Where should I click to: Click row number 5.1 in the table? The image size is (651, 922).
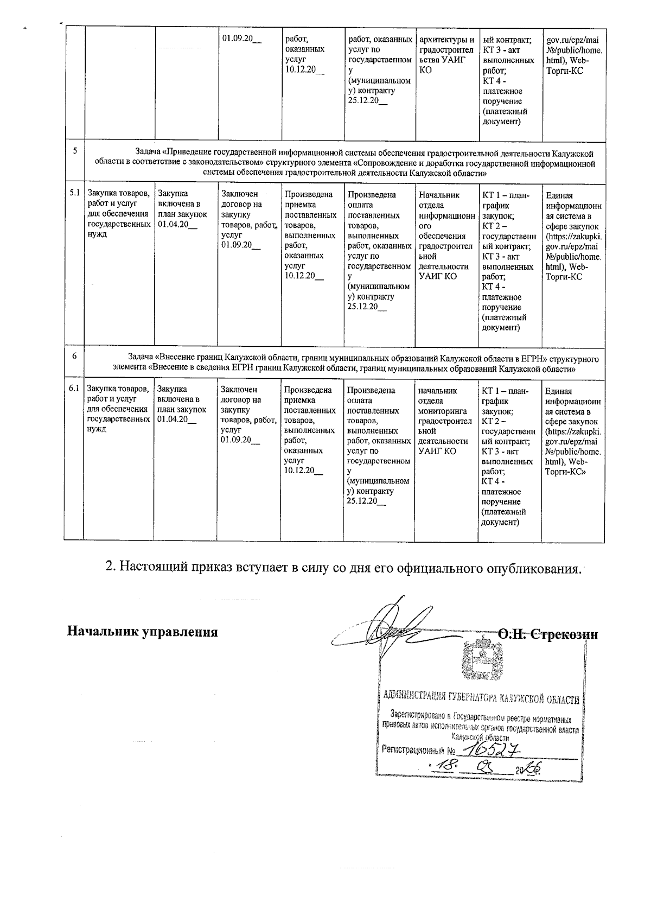coord(74,193)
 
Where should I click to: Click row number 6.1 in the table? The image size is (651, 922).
coord(74,389)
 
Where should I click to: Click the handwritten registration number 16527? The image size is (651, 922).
coord(487,749)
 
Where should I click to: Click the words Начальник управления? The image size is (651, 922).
coord(142,632)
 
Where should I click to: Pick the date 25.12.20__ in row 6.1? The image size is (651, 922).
coord(366,501)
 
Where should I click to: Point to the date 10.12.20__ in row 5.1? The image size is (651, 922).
coord(303,276)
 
